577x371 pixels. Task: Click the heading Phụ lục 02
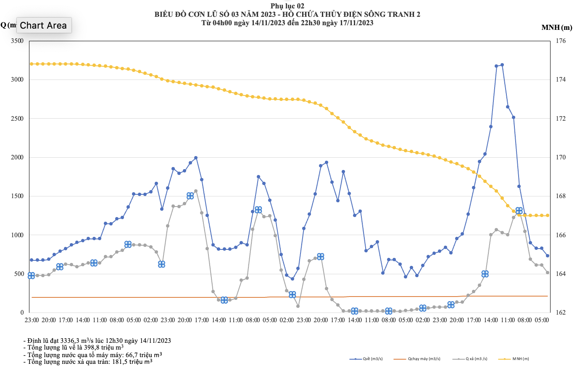click(x=287, y=6)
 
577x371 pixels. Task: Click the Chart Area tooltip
click(x=43, y=25)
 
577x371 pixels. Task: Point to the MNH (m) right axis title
click(x=556, y=28)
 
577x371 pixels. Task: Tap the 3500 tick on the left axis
click(x=17, y=41)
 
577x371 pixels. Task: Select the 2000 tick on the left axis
click(x=17, y=157)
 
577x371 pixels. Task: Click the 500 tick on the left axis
click(x=19, y=274)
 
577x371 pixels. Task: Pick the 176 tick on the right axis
click(x=561, y=41)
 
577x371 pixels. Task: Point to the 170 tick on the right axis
click(x=561, y=157)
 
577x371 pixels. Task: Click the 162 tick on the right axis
click(x=561, y=313)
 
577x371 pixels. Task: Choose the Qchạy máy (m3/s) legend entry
click(x=424, y=359)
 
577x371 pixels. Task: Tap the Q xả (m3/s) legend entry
click(x=476, y=359)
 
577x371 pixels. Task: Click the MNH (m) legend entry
click(x=520, y=359)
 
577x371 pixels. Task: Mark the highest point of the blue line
click(x=502, y=65)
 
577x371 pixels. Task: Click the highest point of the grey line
click(x=196, y=191)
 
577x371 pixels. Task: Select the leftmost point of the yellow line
click(x=32, y=64)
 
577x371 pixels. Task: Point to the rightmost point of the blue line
click(x=548, y=256)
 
